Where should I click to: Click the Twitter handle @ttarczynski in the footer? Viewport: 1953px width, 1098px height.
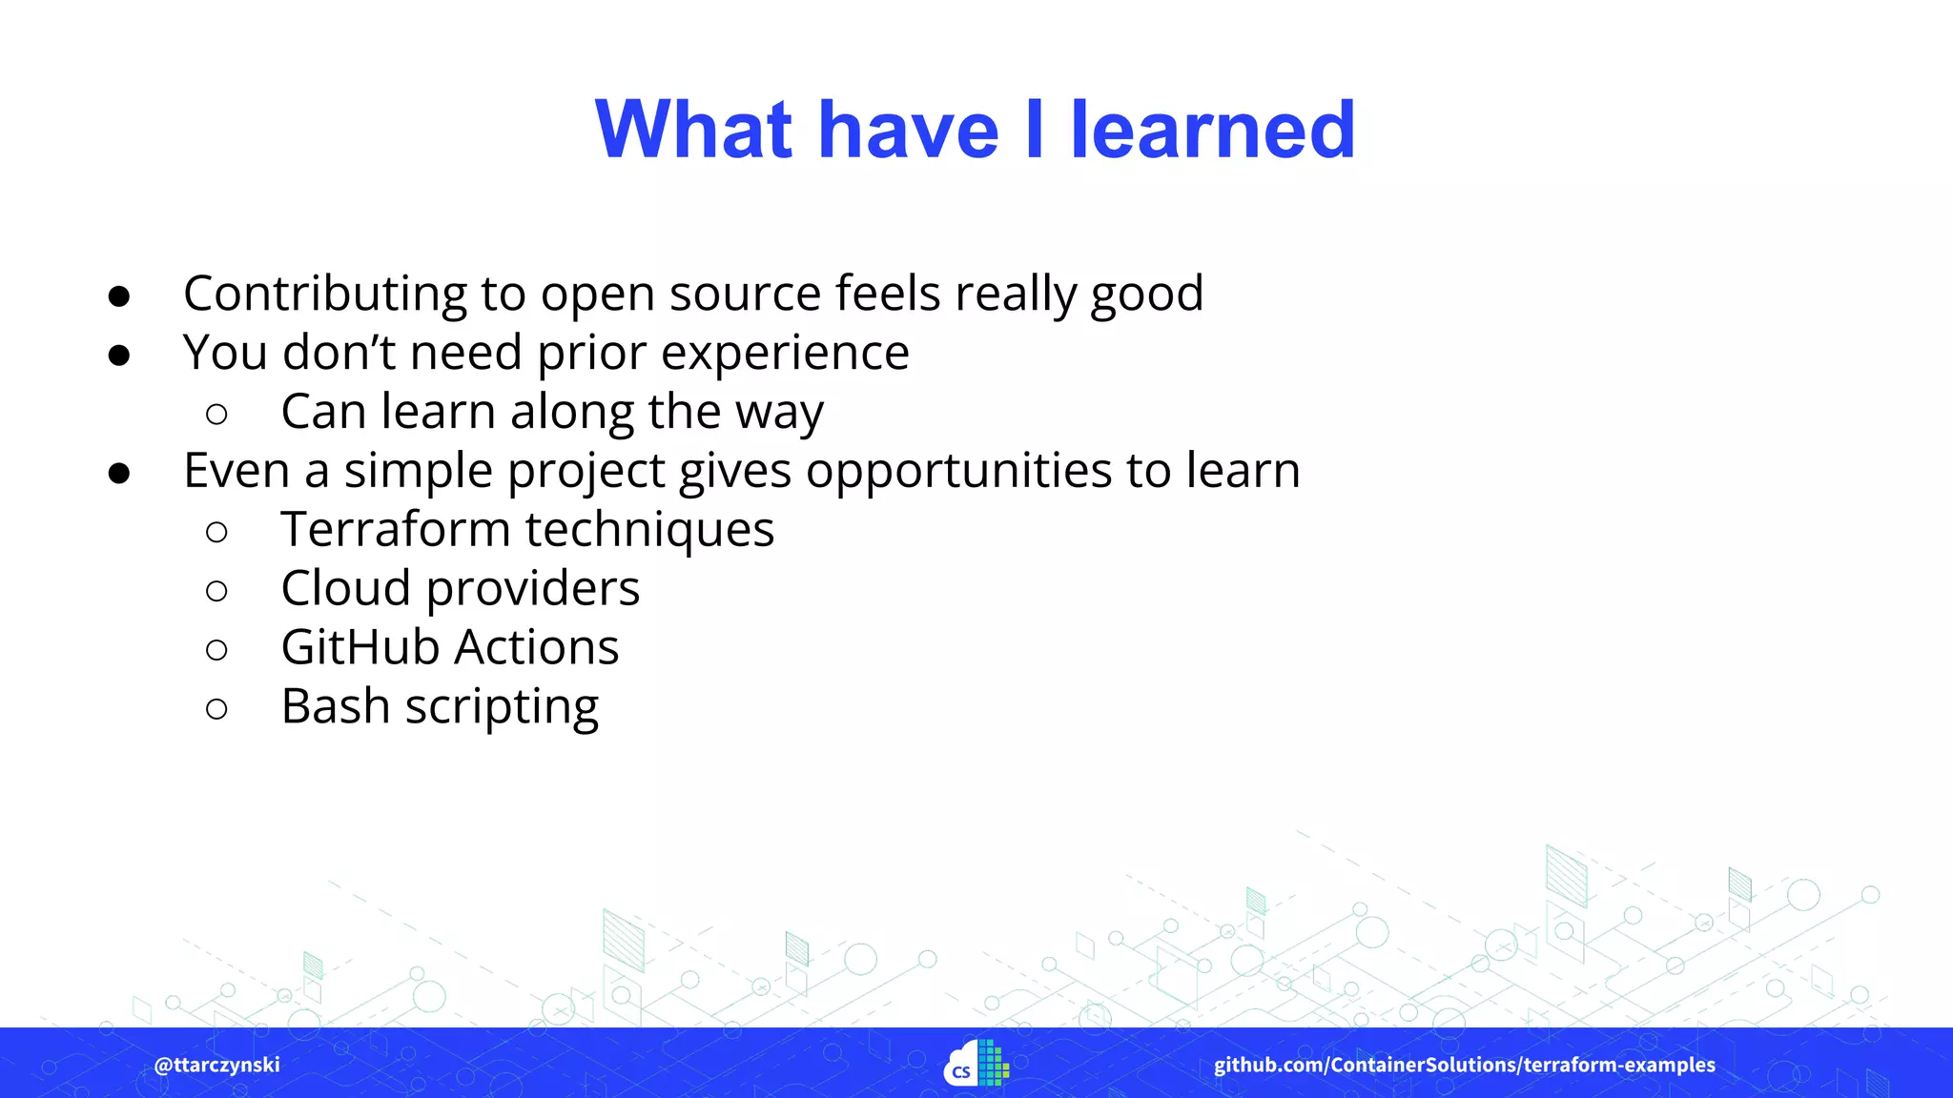[216, 1065]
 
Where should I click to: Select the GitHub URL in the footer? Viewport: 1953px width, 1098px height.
[1464, 1065]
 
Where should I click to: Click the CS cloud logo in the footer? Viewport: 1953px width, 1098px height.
[976, 1064]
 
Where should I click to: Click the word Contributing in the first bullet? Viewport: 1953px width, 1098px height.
[324, 294]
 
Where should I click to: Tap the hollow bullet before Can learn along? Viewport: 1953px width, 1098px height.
[216, 414]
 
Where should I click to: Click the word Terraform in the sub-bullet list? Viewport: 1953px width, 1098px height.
[395, 530]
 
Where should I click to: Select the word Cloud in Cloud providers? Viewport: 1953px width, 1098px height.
[345, 589]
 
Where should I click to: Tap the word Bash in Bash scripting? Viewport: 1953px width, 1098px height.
[335, 707]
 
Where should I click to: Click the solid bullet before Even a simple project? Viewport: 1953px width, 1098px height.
[119, 473]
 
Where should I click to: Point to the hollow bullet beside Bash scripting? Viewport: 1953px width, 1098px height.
[216, 708]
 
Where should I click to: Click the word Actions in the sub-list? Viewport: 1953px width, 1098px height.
[537, 648]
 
